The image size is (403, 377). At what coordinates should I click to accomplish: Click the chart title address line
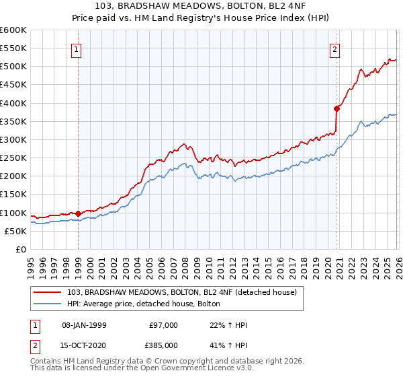point(201,6)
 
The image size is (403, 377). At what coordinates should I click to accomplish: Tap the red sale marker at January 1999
point(78,213)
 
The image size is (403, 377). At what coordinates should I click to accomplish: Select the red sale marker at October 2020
point(337,108)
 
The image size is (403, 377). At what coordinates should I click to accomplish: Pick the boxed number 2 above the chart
point(334,48)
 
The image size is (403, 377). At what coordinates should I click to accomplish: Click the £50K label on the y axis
point(16,231)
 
